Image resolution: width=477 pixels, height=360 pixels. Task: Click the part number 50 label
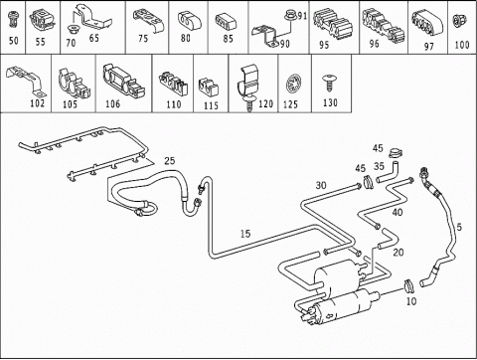click(14, 41)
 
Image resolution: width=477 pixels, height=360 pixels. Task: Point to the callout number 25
click(170, 161)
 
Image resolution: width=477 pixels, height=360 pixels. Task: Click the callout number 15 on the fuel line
click(245, 234)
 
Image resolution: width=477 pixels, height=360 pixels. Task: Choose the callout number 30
click(321, 185)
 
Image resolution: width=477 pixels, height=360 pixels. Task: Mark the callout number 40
click(397, 212)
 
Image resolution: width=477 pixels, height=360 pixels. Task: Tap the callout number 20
click(398, 253)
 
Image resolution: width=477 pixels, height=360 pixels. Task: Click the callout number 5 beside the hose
click(459, 227)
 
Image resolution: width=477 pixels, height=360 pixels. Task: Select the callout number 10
click(411, 301)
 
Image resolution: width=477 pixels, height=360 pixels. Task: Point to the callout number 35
click(379, 166)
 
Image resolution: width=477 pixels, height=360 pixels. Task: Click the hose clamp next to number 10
click(408, 286)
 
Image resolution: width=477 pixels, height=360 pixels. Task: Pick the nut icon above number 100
click(461, 21)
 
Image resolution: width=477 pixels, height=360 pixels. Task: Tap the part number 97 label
click(429, 47)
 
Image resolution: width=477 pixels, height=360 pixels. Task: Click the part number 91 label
click(302, 16)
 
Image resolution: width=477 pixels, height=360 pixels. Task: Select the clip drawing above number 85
click(226, 21)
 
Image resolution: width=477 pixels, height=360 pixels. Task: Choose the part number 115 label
click(211, 105)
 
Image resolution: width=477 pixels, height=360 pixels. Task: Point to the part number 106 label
click(112, 104)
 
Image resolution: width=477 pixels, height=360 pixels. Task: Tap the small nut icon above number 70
click(72, 30)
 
